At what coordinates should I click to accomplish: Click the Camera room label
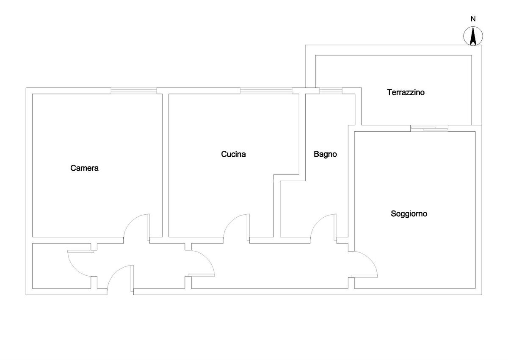[x=84, y=168]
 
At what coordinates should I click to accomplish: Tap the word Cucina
[x=233, y=154]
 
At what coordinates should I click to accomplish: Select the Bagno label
[x=325, y=154]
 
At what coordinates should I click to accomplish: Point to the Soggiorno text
[x=409, y=214]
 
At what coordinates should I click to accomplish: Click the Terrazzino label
[x=406, y=92]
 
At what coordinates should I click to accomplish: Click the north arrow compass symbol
[x=473, y=36]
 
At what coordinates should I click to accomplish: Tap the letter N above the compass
[x=473, y=19]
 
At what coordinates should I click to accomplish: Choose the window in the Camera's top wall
[x=134, y=90]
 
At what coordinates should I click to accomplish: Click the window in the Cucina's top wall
[x=266, y=90]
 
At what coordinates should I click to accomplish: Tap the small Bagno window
[x=331, y=90]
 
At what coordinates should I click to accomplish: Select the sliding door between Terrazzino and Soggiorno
[x=429, y=128]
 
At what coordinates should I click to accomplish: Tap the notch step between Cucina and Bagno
[x=288, y=177]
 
